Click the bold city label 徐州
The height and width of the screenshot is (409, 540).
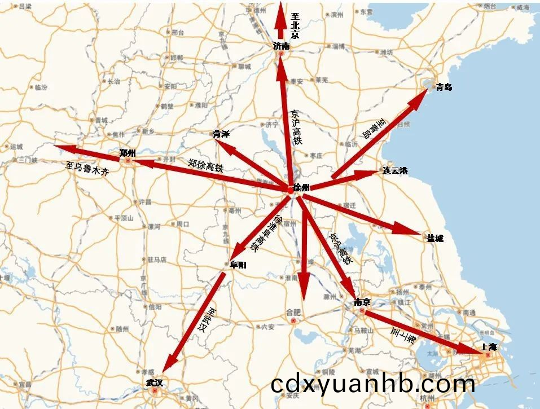tap(302, 188)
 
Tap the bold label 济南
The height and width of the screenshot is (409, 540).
tap(281, 46)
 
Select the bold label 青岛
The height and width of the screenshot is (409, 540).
tap(444, 87)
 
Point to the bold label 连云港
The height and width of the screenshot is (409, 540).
tap(395, 170)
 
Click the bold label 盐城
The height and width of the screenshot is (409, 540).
tap(435, 238)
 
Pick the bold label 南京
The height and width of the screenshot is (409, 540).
tap(362, 302)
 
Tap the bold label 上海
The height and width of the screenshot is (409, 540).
tap(489, 348)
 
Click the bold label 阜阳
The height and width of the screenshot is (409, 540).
tap(238, 264)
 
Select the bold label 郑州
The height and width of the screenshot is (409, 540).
tap(128, 153)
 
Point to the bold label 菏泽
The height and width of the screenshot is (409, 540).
tap(221, 134)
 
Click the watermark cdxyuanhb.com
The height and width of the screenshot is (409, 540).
tap(372, 385)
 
